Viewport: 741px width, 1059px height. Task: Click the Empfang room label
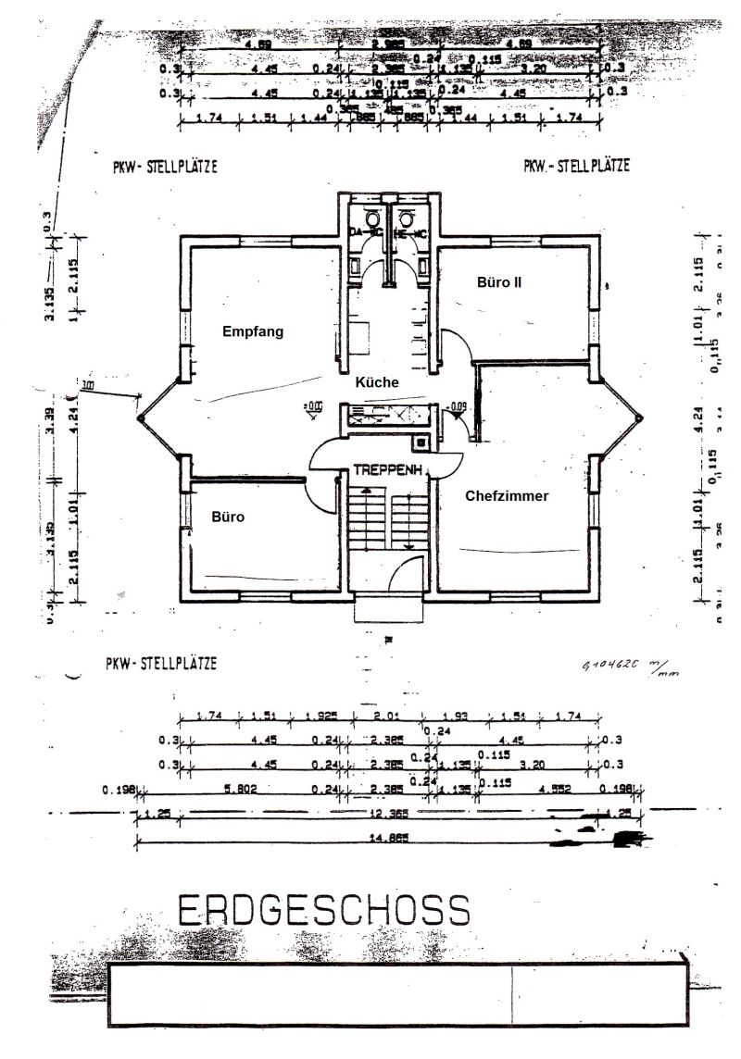tap(252, 331)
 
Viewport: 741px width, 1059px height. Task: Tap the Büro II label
tap(499, 281)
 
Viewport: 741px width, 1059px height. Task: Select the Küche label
tap(377, 381)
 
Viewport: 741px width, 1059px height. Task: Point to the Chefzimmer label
tap(507, 496)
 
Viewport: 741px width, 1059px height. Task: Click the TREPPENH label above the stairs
tap(388, 470)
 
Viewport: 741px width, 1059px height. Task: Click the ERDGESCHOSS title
tap(323, 911)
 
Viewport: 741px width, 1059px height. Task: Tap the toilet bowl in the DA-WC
tap(373, 219)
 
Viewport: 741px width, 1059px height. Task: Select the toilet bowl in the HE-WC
tap(404, 219)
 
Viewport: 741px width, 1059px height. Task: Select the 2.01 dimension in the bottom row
tap(383, 716)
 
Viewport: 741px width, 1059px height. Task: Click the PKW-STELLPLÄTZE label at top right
tap(576, 167)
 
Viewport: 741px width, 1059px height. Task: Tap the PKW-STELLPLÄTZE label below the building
tap(161, 664)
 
